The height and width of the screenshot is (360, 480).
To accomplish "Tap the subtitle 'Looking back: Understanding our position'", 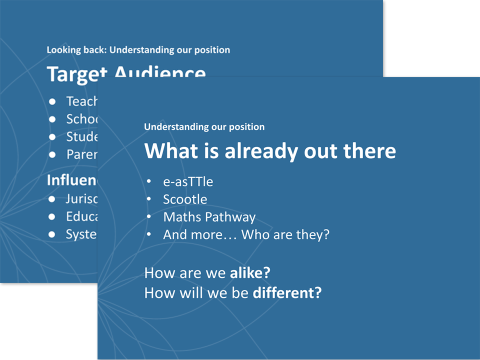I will tap(138, 50).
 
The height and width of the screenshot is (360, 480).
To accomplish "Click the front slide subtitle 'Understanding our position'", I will tap(204, 127).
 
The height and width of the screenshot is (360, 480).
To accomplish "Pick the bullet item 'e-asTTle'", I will tap(188, 181).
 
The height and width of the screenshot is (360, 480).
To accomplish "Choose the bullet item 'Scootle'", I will tap(185, 199).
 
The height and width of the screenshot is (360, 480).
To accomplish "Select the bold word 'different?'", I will tap(287, 292).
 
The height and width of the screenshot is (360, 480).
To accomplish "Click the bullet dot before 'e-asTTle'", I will tap(149, 182).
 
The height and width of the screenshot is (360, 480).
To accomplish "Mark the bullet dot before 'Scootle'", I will tap(149, 200).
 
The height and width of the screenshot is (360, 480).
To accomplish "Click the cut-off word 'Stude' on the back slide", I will tap(81, 136).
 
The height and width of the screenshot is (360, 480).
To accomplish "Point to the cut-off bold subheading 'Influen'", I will tap(72, 180).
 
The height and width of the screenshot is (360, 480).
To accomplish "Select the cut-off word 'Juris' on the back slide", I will tap(81, 198).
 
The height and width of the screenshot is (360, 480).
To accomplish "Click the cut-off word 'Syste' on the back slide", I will tap(81, 234).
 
